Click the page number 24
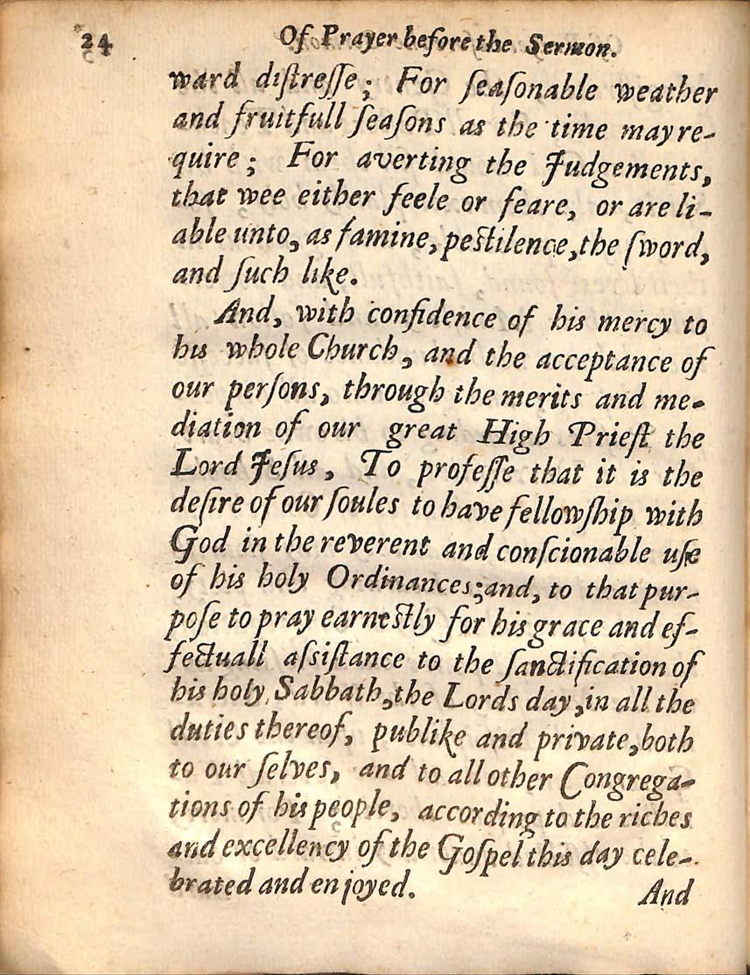click(x=92, y=45)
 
